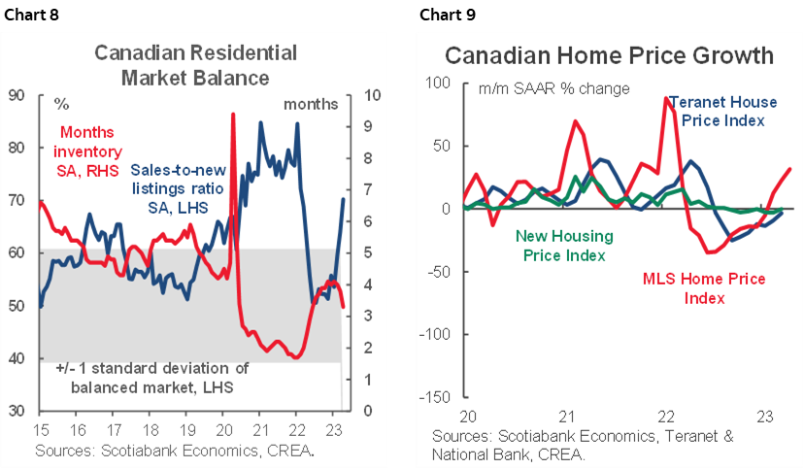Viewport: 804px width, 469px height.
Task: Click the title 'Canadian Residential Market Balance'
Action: [182, 64]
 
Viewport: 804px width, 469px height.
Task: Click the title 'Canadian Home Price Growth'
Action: [609, 55]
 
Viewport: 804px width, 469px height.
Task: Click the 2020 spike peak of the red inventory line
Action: [233, 115]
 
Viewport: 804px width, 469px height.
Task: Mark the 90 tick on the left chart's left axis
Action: [17, 95]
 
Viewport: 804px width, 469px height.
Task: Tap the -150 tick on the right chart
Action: [435, 398]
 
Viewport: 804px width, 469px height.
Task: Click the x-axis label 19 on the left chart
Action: [187, 430]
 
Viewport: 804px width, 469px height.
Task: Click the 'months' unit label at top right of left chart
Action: [311, 103]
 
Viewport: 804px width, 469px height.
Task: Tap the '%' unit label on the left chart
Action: [62, 103]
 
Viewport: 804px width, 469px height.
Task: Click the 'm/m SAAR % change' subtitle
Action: [554, 88]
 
